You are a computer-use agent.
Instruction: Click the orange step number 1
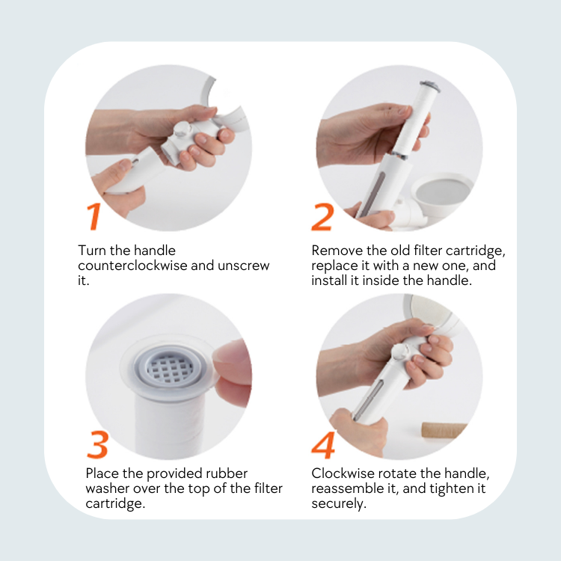coord(93,216)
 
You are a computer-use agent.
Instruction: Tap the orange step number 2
coord(322,217)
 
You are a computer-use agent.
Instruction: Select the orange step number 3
coord(97,444)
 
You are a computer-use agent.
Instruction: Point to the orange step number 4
coord(323,445)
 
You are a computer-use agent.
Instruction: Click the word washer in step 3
coord(108,488)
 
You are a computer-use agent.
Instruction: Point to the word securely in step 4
coord(339,503)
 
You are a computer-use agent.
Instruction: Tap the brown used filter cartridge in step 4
coord(444,430)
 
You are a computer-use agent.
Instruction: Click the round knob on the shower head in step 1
coord(182,129)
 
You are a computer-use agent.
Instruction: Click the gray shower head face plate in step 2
coord(443,191)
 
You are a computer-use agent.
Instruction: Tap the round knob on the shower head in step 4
coord(400,352)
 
